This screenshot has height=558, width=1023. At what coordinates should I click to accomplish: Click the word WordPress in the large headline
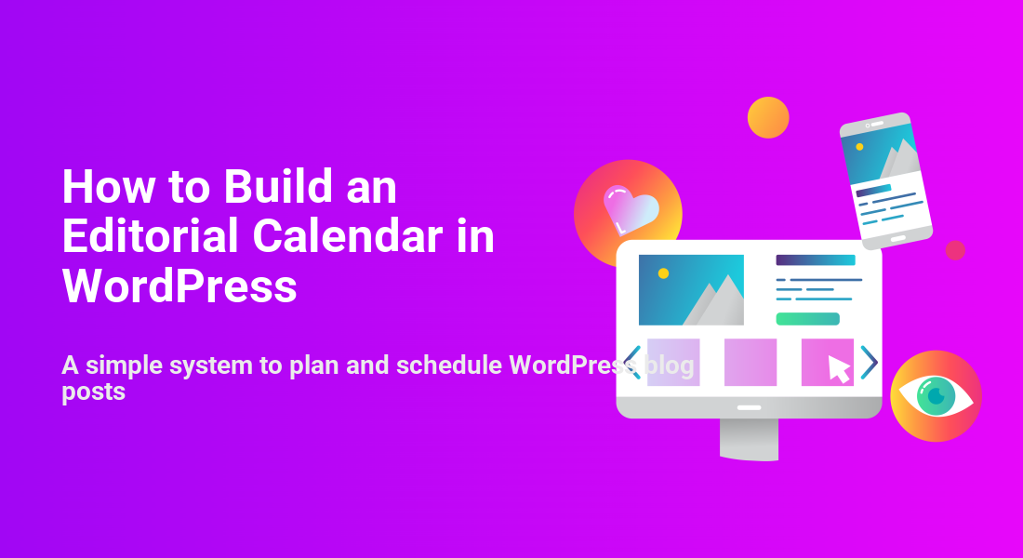179,286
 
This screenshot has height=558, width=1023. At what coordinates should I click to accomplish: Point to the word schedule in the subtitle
449,365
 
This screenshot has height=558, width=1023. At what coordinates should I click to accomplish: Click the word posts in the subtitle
93,392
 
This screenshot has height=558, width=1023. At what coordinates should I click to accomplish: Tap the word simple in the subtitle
124,365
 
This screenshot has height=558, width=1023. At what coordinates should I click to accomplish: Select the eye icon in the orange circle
936,395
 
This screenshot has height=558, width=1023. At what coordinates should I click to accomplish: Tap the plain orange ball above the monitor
768,117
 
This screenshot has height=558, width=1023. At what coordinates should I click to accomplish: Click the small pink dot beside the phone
955,250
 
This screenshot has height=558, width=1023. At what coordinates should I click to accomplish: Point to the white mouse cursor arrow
838,368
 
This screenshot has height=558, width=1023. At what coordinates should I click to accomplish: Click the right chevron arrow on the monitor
870,362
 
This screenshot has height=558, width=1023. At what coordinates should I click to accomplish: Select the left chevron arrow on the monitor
631,362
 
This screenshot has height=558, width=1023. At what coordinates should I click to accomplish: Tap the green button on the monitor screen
807,319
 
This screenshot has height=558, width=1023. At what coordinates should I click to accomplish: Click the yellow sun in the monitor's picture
663,273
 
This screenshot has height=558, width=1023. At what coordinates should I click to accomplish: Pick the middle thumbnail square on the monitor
751,362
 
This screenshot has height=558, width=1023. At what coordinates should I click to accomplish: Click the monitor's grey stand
749,439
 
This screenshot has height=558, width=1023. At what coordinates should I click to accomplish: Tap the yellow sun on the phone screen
860,147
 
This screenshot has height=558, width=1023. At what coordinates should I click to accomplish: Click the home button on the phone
898,239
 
